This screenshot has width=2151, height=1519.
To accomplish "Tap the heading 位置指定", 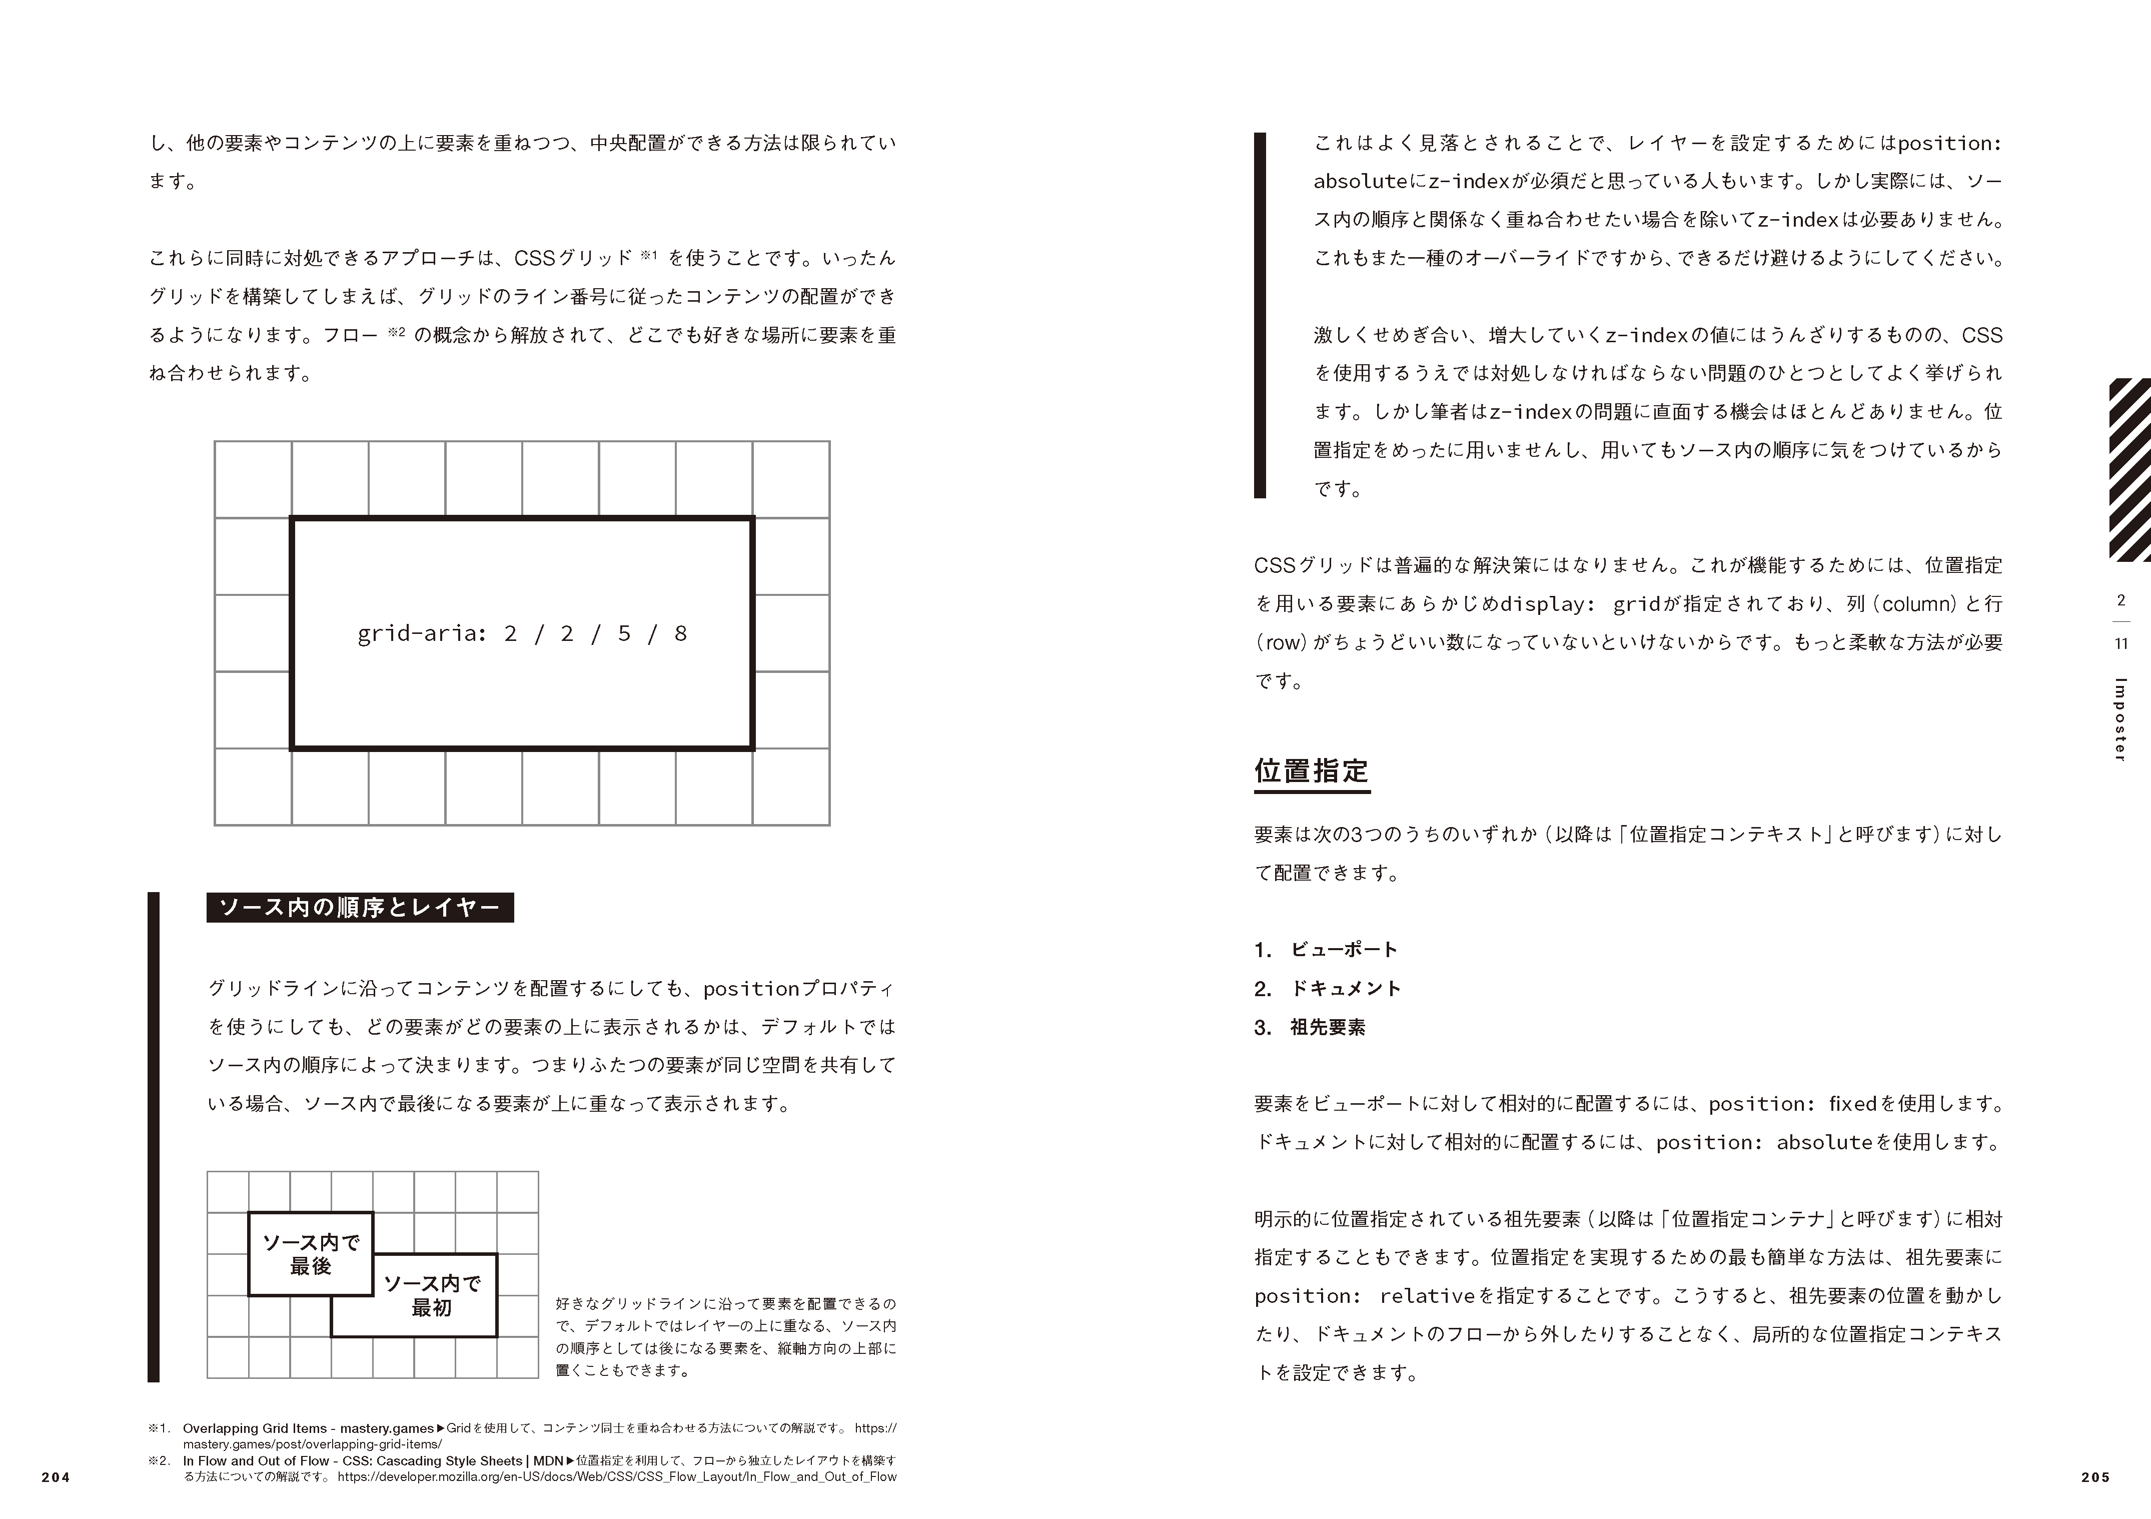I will click(1312, 771).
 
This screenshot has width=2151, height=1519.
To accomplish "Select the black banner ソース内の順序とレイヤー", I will click(360, 907).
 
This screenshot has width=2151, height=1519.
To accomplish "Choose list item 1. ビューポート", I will click(1326, 949).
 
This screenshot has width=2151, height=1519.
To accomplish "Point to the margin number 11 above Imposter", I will click(2121, 644).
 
